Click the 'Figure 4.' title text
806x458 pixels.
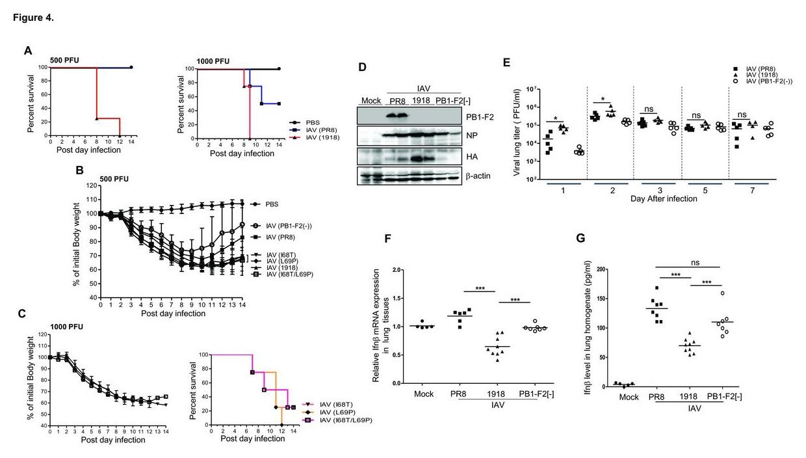(33, 17)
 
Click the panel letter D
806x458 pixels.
(363, 67)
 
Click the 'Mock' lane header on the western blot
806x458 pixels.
(370, 100)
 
